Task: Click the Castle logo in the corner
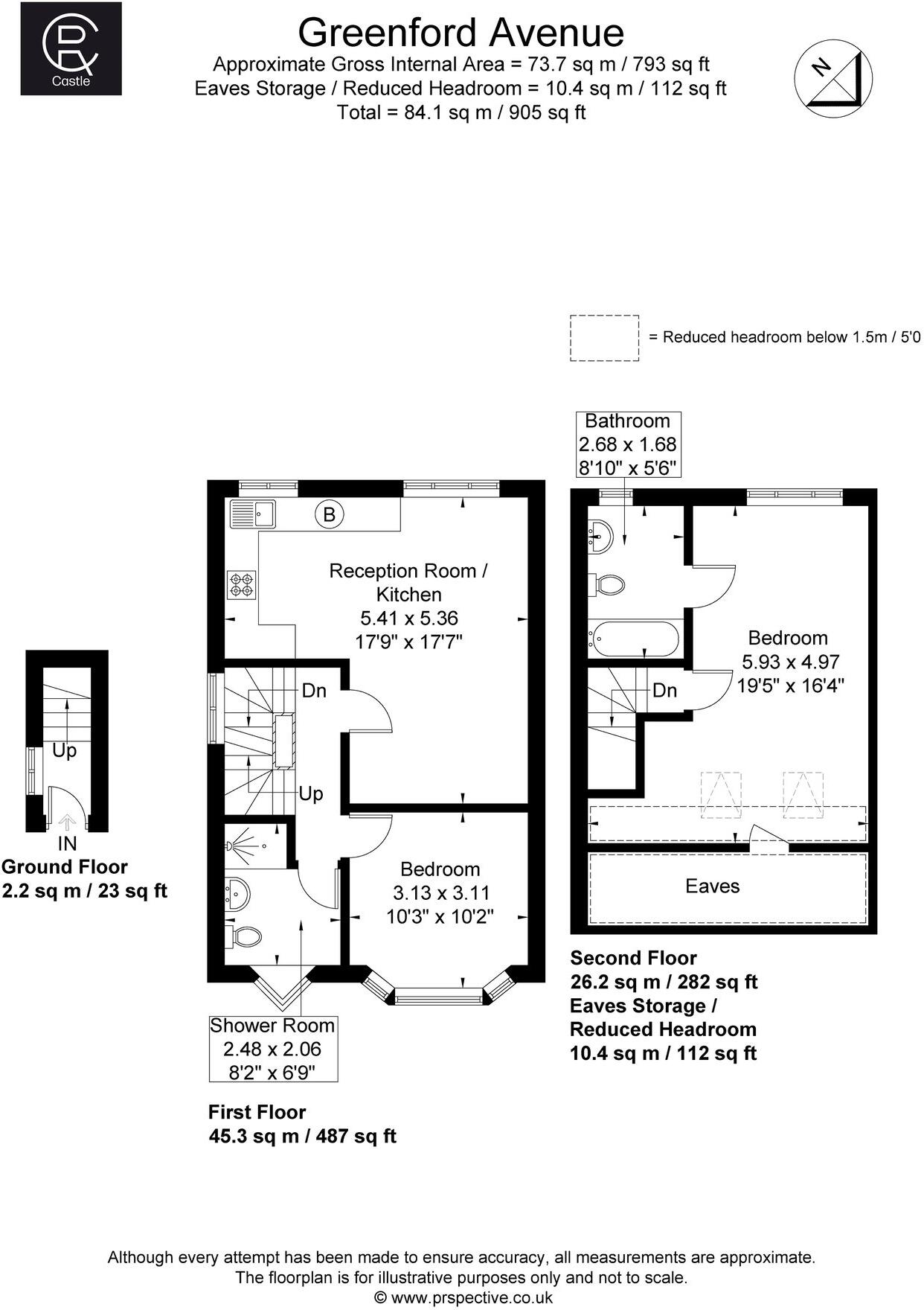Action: pyautogui.click(x=71, y=48)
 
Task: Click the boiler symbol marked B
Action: pyautogui.click(x=330, y=514)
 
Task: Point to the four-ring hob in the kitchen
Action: pyautogui.click(x=242, y=584)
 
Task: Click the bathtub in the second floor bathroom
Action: pyautogui.click(x=634, y=639)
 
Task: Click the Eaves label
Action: pyautogui.click(x=712, y=886)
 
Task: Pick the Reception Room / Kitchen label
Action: pyautogui.click(x=408, y=583)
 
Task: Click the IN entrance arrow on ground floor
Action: pyautogui.click(x=67, y=822)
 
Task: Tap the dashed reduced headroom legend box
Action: pyautogui.click(x=604, y=338)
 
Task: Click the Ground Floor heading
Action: pyautogui.click(x=65, y=866)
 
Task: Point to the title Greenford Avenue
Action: pyautogui.click(x=461, y=32)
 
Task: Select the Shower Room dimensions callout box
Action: pyautogui.click(x=272, y=1048)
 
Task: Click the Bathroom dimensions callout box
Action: pyautogui.click(x=627, y=444)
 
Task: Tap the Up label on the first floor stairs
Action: pyautogui.click(x=311, y=793)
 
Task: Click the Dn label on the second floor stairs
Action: pyautogui.click(x=664, y=690)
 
